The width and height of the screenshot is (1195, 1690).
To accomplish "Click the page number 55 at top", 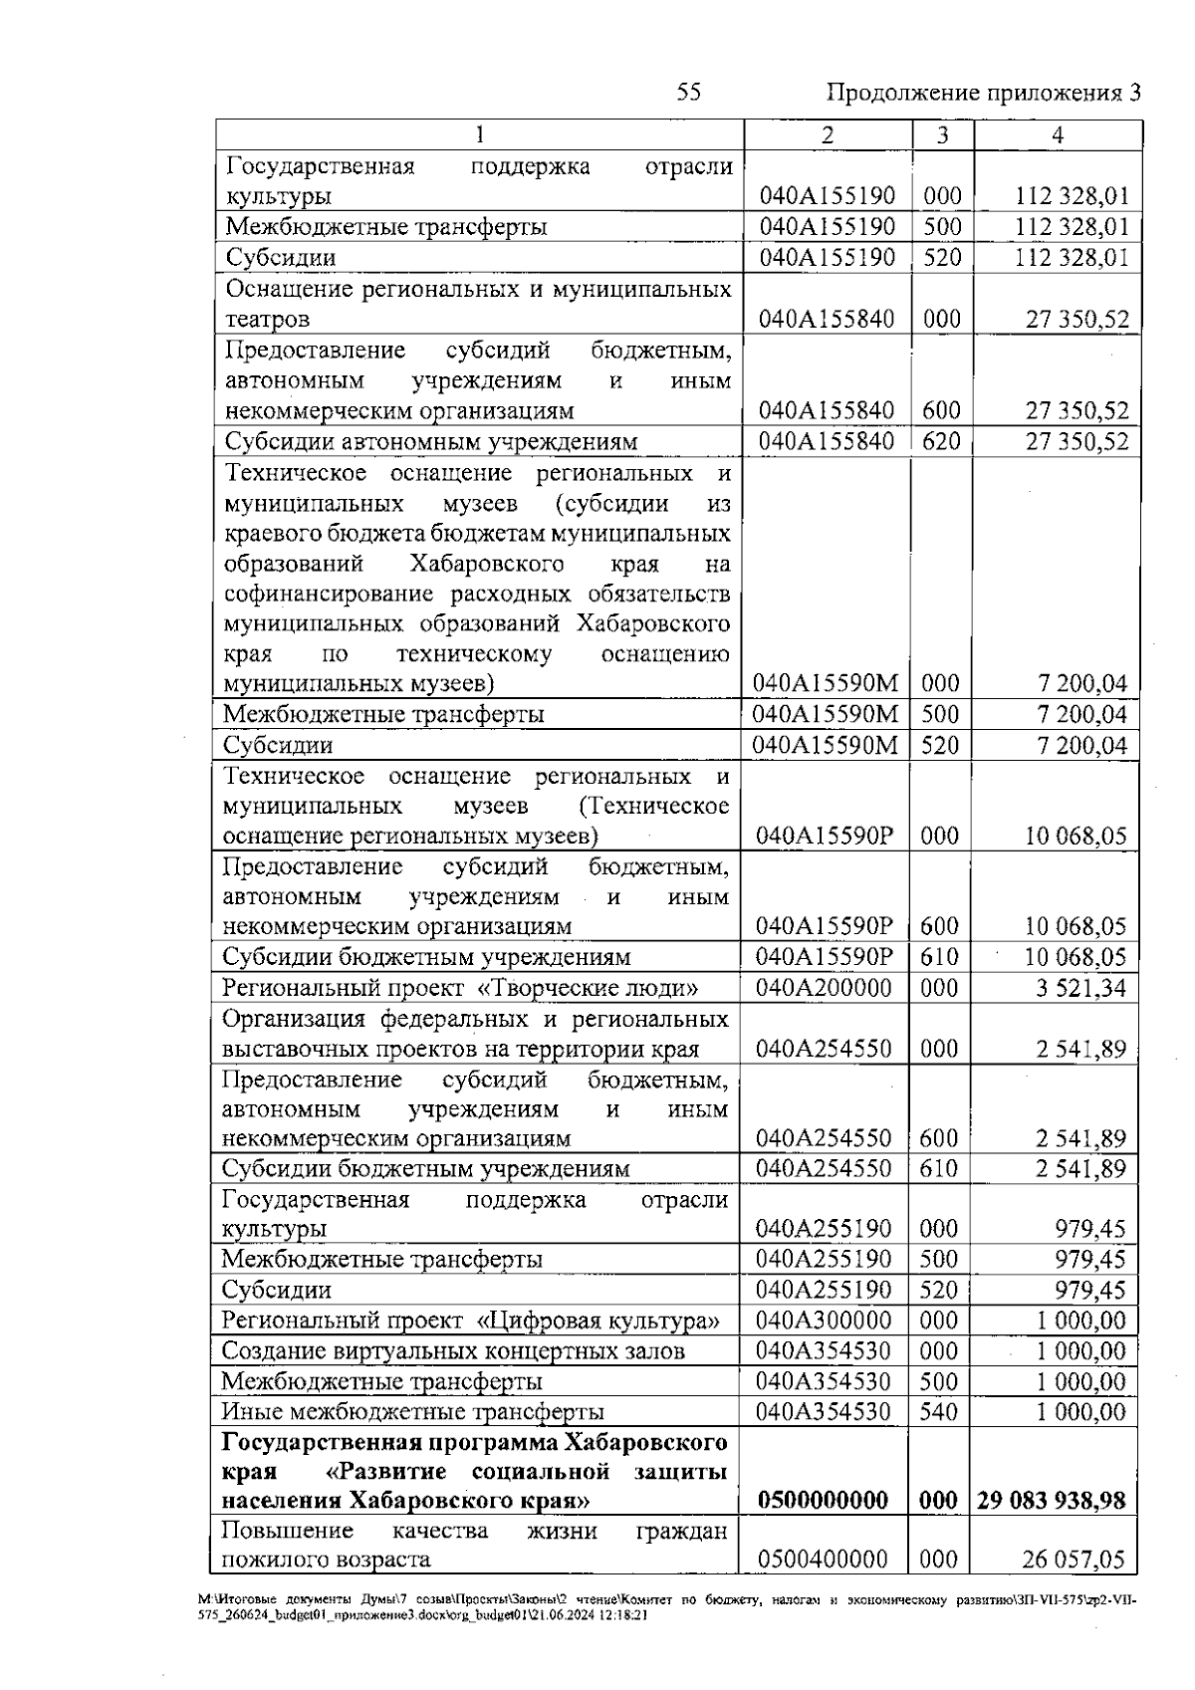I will click(x=688, y=93).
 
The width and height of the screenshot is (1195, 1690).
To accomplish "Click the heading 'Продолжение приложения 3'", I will click(x=983, y=94).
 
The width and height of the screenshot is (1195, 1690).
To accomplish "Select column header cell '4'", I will click(x=1057, y=135).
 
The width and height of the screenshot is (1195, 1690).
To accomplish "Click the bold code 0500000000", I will click(x=823, y=1501).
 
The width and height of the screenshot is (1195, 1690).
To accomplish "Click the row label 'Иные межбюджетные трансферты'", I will click(x=412, y=1412).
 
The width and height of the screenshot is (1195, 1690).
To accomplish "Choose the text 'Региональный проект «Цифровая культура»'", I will click(x=470, y=1322).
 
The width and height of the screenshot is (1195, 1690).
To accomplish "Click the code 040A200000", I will click(x=824, y=988).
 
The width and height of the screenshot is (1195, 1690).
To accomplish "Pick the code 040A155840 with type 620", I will click(x=826, y=441).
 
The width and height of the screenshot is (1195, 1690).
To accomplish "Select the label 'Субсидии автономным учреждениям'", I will click(x=431, y=442).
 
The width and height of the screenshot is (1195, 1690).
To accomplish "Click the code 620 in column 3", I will click(x=940, y=441).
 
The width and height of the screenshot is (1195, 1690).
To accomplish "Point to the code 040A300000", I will click(x=824, y=1322).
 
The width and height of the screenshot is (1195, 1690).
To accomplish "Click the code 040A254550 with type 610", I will click(x=824, y=1169).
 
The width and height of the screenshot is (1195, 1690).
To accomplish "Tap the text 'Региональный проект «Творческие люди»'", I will click(x=459, y=988).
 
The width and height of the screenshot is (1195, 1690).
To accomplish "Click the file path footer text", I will click(x=667, y=1608).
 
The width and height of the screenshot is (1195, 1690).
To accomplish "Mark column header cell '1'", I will click(x=480, y=135).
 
